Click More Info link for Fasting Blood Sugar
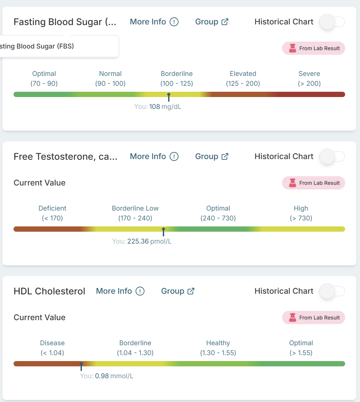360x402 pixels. tap(154, 22)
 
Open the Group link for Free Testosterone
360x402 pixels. tap(212, 156)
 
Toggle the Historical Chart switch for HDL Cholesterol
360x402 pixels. tap(332, 291)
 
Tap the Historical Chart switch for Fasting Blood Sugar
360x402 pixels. tap(332, 22)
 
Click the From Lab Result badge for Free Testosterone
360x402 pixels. tap(313, 183)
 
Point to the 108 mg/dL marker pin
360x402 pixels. tap(168, 97)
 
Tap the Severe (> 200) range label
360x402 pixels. tap(309, 79)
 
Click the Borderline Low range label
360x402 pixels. tap(135, 213)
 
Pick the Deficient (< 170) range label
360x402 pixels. tap(52, 213)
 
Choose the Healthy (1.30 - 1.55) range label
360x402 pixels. tap(218, 348)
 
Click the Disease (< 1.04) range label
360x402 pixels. tap(52, 348)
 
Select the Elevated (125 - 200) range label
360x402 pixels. tap(243, 79)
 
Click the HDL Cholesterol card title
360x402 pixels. tap(49, 291)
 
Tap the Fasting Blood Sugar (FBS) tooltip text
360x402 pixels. tap(37, 46)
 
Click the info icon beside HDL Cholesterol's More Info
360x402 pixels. tap(140, 291)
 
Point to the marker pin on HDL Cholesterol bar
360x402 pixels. tap(81, 366)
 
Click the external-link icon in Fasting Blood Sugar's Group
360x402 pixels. tap(225, 22)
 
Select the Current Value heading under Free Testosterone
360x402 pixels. tap(40, 183)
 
